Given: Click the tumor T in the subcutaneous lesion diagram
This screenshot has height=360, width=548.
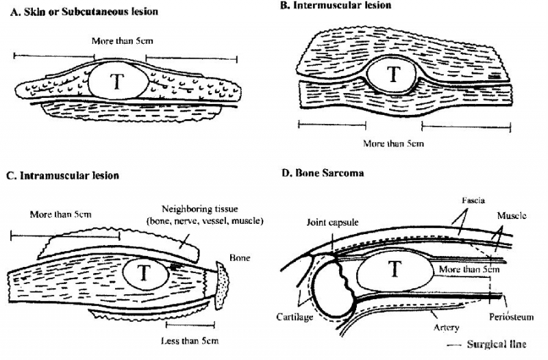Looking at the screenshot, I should pos(118,81).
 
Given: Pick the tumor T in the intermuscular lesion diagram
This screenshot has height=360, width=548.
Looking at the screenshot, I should pos(393,75).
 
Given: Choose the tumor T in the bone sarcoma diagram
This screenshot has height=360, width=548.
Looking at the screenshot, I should pos(393,270).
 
